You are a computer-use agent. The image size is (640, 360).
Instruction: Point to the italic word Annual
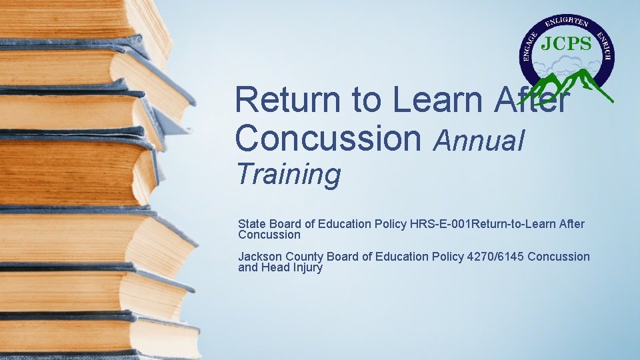coord(479,141)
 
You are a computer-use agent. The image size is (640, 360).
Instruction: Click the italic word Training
coord(288,175)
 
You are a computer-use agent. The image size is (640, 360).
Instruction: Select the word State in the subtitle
coord(251,224)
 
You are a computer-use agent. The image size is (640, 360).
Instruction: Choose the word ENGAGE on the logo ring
coord(530,49)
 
